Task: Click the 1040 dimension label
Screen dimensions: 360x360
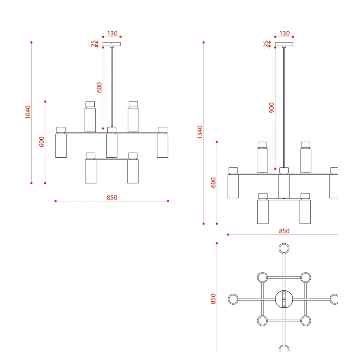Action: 28,112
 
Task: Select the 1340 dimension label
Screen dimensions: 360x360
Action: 200,132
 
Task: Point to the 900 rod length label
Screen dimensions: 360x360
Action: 271,108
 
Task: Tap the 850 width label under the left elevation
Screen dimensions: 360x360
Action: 112,197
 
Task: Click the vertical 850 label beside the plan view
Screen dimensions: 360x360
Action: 213,299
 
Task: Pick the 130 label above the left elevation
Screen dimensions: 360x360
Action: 112,33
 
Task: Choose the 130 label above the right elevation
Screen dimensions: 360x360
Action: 284,33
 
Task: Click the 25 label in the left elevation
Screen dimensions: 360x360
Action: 94,44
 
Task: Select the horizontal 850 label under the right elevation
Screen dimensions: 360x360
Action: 284,231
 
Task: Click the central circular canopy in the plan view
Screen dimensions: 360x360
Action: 284,299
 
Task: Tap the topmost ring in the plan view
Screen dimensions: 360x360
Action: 284,248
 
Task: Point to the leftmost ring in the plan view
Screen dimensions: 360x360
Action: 233,299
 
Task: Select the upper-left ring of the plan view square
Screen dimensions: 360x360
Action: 262,278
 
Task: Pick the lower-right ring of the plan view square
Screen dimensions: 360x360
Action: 306,321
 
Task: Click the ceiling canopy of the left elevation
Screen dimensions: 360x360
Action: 112,44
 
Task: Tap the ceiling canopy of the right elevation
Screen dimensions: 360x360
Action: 284,44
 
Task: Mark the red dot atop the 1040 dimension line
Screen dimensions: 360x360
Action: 31,42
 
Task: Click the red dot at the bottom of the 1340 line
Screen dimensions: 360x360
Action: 203,224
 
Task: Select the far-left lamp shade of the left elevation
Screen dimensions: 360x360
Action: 61,145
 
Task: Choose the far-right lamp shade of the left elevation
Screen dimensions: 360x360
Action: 163,145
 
